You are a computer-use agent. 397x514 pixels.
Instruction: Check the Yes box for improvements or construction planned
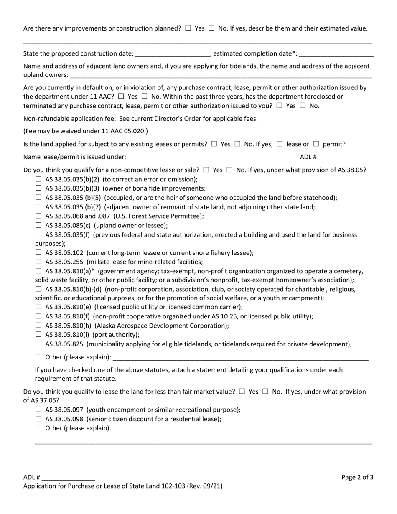(188, 28)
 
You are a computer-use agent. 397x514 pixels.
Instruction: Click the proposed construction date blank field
(172, 54)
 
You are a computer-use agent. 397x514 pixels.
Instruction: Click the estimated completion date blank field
(336, 54)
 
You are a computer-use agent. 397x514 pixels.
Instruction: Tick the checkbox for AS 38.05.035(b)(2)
(39, 179)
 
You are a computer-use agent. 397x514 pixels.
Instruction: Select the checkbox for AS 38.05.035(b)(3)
(39, 188)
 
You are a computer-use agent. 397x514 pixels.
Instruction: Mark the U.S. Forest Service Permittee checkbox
(39, 216)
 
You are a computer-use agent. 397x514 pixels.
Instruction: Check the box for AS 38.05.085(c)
(39, 225)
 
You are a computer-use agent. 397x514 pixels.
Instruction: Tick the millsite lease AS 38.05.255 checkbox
(39, 262)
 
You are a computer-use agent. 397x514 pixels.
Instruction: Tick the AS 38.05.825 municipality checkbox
(39, 344)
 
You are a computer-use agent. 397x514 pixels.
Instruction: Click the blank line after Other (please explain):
(240, 358)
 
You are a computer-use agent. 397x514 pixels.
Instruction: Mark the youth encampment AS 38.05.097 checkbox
(39, 410)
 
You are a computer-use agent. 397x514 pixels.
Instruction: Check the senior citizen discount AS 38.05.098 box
(39, 419)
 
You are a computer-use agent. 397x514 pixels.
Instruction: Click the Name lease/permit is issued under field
(213, 158)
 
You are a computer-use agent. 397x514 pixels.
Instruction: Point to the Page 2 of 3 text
(357, 477)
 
